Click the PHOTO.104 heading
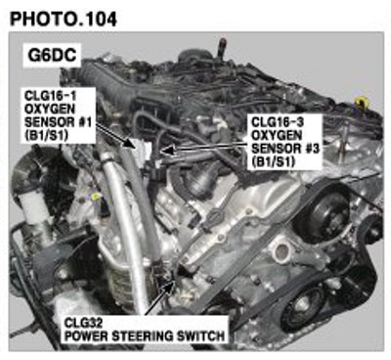point(64,19)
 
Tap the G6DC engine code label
point(52,55)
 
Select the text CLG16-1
point(49,96)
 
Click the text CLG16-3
point(278,122)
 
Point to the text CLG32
point(83,323)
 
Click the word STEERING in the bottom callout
point(145,336)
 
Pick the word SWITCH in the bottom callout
point(202,336)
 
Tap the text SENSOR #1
point(58,122)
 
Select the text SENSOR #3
point(285,149)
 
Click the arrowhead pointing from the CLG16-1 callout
point(132,145)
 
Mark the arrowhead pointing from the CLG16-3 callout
point(167,151)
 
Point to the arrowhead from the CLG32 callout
point(169,287)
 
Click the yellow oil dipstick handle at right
point(362,103)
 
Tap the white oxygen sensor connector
point(144,150)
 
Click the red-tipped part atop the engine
point(223,43)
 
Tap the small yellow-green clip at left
point(95,196)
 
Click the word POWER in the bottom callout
point(87,336)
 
